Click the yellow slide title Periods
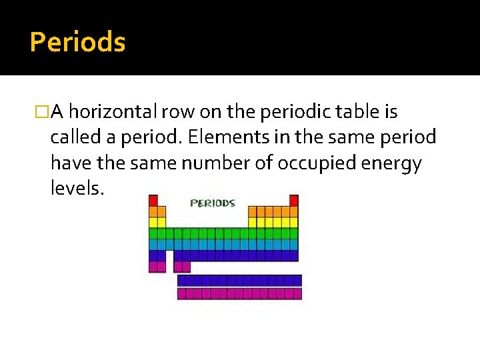coord(77,43)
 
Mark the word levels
coord(77,189)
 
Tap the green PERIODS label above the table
coord(213,203)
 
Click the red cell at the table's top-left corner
coord(153,200)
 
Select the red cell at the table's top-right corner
coord(294,200)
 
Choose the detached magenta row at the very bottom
coord(239,293)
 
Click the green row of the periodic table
coord(223,233)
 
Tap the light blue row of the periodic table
coord(223,244)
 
